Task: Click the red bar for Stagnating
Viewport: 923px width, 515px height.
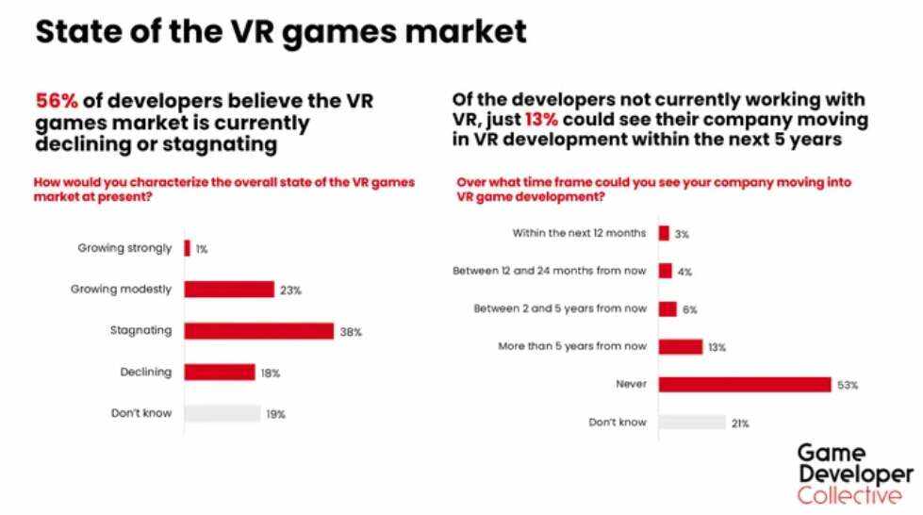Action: (x=259, y=331)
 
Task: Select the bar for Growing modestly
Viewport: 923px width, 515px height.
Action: (x=229, y=290)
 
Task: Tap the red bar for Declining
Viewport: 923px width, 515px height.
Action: (x=220, y=372)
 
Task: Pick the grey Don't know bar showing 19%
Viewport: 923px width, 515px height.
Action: (x=223, y=413)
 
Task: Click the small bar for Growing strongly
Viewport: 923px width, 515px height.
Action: (x=188, y=248)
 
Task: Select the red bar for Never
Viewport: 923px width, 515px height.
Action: (x=745, y=384)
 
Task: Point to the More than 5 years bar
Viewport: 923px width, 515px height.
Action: (x=681, y=346)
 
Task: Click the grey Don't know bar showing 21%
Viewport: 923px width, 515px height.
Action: (x=692, y=423)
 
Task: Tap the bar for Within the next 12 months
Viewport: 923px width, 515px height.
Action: (x=664, y=233)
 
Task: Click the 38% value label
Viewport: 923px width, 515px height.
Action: (x=352, y=332)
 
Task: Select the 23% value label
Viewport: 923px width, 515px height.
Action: (x=290, y=291)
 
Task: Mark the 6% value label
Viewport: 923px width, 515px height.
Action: (x=689, y=309)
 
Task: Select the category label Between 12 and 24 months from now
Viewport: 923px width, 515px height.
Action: (x=549, y=271)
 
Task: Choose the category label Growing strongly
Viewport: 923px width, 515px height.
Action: (x=124, y=248)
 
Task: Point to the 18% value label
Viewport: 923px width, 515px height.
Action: (x=270, y=373)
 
